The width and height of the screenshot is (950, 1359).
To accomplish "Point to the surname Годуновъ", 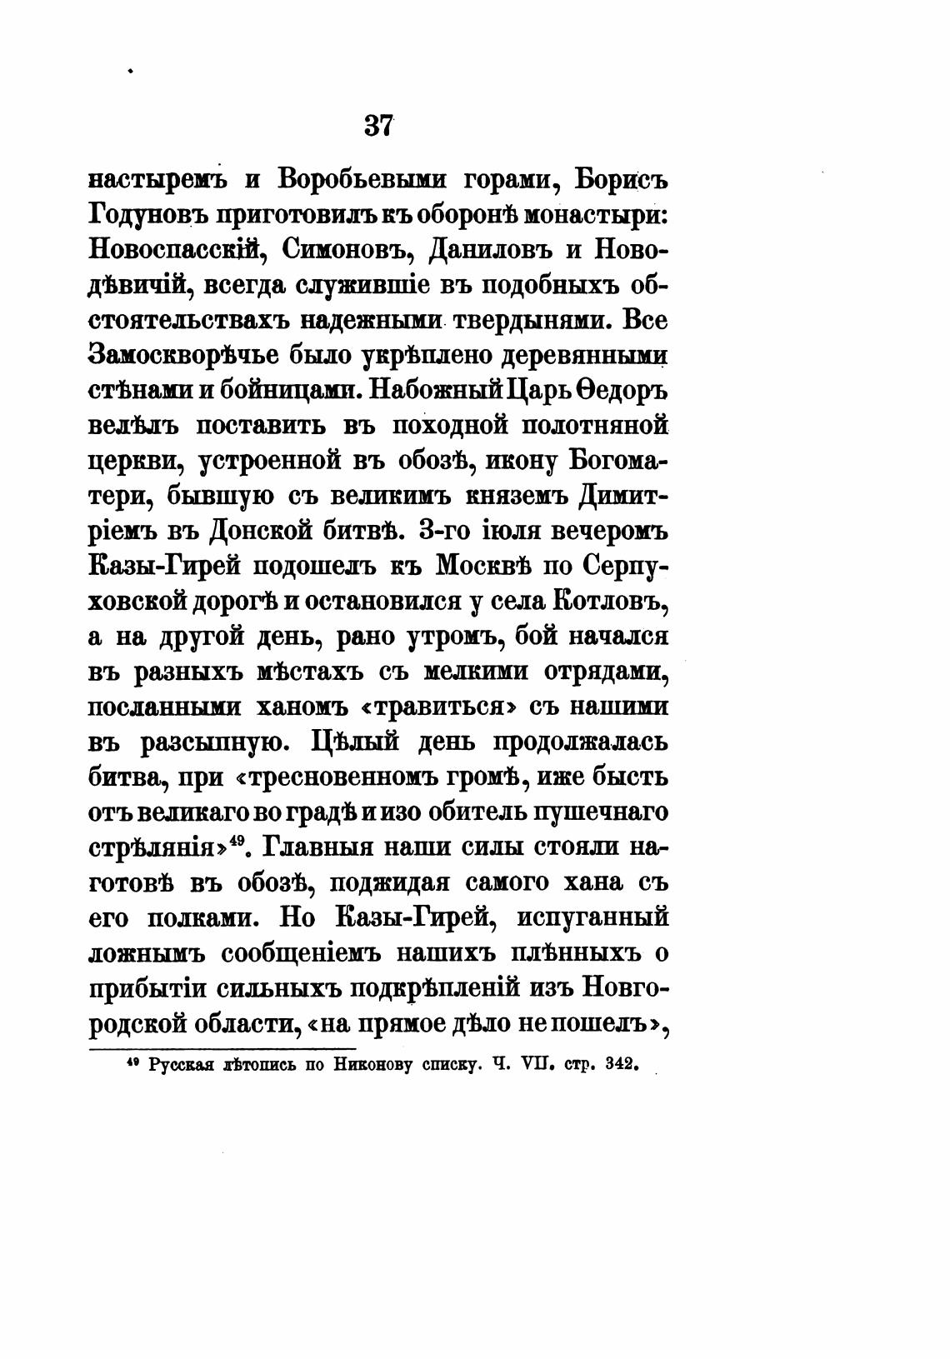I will [x=146, y=217].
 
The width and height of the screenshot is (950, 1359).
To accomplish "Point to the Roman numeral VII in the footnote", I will [x=537, y=1064].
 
